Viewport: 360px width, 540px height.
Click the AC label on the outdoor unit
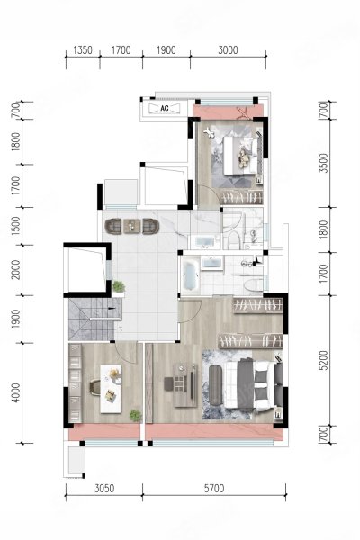[165, 108]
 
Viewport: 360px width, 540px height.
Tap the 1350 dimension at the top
[83, 50]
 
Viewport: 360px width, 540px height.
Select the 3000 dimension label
[228, 50]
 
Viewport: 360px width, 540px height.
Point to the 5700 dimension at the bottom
[214, 488]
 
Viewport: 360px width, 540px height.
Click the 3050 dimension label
[104, 488]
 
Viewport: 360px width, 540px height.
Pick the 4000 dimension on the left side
[16, 393]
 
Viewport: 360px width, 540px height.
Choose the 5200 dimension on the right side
[324, 361]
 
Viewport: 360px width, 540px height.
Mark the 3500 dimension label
[324, 163]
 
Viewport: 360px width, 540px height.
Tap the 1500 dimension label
[16, 226]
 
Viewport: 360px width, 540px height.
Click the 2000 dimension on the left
[16, 270]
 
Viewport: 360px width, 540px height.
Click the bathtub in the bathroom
[191, 276]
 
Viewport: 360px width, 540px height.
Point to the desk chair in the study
[94, 387]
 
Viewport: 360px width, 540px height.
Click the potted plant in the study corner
[136, 416]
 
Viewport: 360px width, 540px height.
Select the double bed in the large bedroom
[254, 384]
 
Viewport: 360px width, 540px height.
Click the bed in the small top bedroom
[240, 155]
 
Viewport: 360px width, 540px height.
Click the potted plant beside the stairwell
[118, 286]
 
